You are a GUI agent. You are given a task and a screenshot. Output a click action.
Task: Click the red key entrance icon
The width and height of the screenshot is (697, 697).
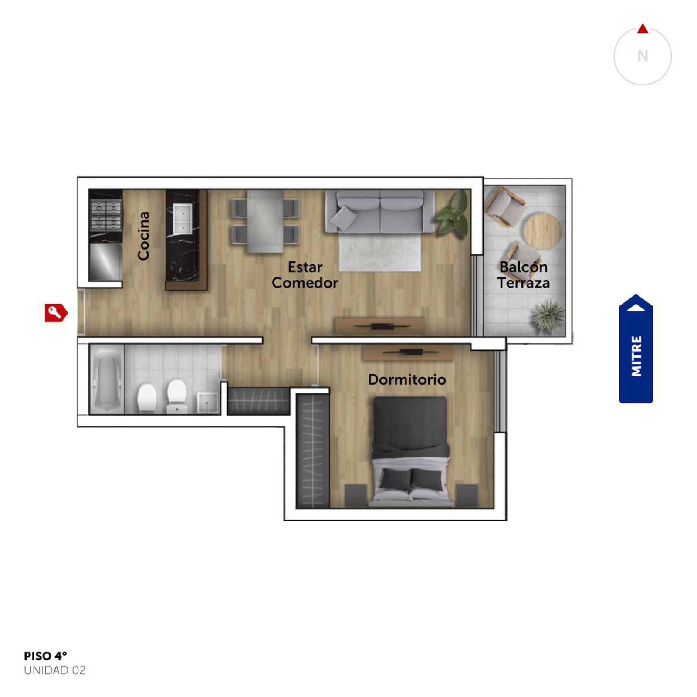(56, 312)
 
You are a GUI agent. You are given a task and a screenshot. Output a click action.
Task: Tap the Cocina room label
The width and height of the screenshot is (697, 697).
(143, 236)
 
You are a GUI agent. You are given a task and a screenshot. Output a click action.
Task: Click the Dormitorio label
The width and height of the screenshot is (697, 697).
(407, 379)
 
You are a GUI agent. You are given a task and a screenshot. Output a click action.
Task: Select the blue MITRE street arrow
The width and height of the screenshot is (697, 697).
(636, 348)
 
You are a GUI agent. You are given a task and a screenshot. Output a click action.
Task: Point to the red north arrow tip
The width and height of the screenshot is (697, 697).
(643, 24)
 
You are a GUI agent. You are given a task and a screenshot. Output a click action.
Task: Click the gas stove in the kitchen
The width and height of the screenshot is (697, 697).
(106, 214)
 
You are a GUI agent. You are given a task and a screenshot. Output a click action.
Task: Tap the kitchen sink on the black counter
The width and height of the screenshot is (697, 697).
(183, 219)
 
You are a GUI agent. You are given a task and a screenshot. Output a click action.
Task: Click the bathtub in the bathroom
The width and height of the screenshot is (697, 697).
(107, 379)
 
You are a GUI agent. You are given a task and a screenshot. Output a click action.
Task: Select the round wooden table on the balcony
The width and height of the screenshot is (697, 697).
(542, 231)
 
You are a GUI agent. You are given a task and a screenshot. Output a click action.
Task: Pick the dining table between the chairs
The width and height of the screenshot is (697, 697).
(265, 221)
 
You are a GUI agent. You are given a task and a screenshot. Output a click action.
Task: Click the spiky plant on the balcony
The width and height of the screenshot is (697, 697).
(547, 316)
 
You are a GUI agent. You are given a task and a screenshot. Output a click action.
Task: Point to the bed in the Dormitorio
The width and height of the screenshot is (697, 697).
(410, 452)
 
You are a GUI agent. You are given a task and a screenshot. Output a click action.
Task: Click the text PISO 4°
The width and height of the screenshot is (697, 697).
(45, 656)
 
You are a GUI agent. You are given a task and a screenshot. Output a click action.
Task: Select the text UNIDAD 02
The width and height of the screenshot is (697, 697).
(55, 670)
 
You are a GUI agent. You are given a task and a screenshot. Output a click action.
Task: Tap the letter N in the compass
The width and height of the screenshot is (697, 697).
(643, 56)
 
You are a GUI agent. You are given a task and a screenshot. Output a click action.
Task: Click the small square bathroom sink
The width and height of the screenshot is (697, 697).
(207, 403)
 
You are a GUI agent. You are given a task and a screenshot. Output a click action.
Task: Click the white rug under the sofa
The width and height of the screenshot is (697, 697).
(380, 252)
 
